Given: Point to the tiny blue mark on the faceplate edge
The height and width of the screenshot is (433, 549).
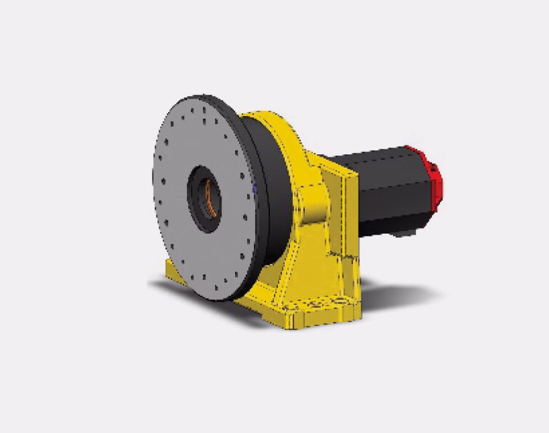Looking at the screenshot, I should [x=255, y=187].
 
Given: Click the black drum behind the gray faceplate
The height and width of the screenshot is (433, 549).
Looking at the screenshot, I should [x=268, y=188].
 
